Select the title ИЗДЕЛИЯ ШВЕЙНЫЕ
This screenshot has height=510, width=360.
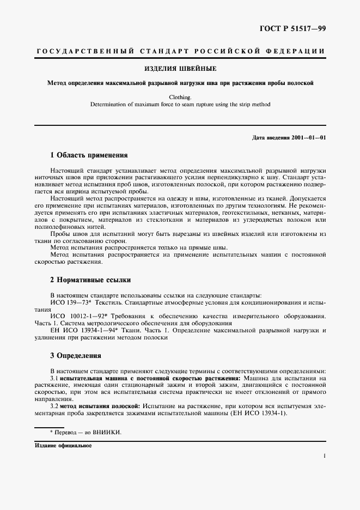tap(180, 69)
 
